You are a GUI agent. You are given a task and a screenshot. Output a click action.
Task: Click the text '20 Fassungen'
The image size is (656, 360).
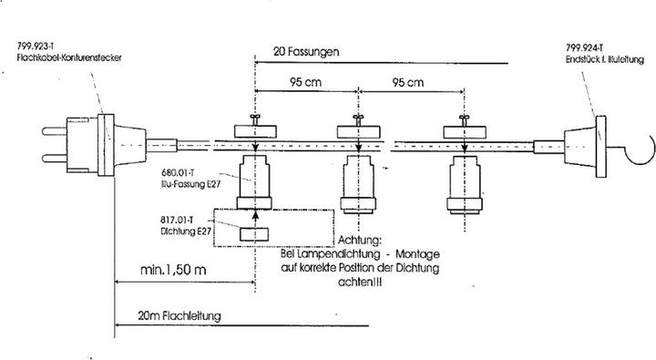[307, 53]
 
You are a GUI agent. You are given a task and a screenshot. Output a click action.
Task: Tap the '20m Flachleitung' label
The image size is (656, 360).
[179, 316]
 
